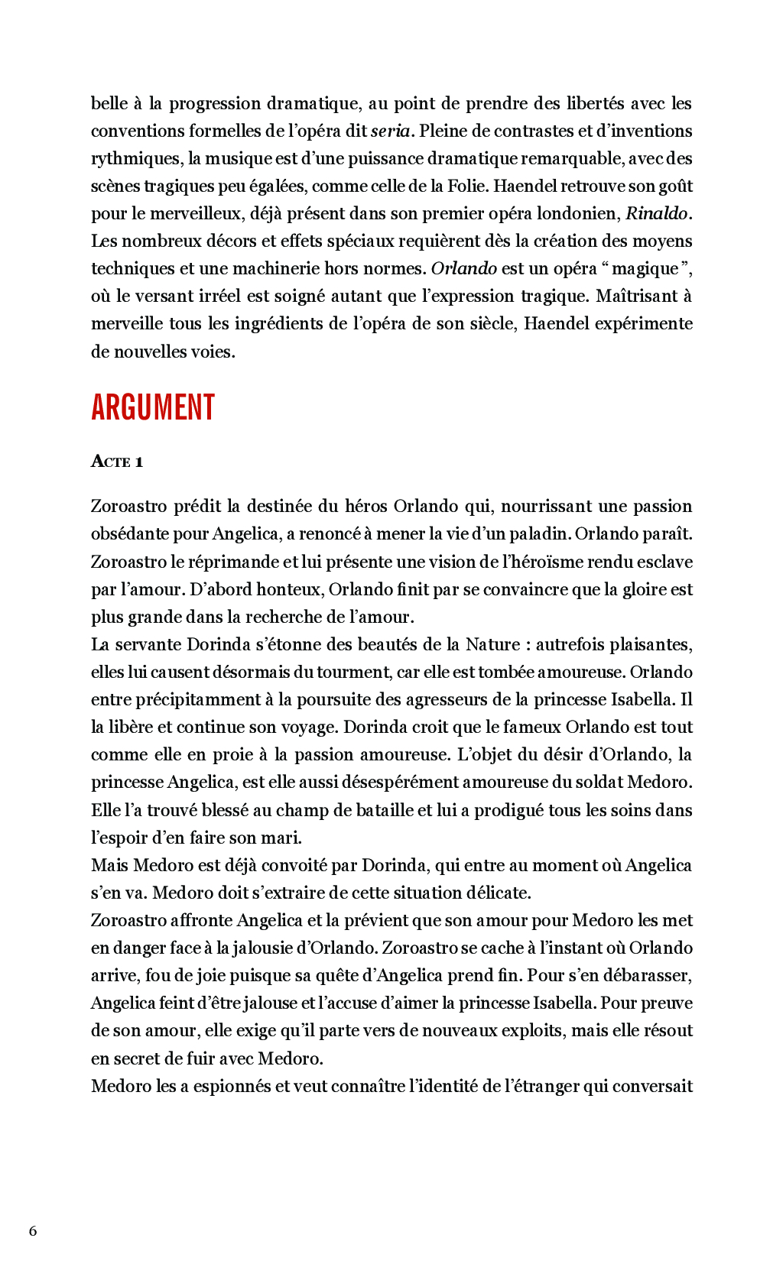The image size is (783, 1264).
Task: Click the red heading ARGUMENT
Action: click(153, 407)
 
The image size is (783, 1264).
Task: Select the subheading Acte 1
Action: click(117, 462)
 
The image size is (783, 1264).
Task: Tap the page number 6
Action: click(33, 1230)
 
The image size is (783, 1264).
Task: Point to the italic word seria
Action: click(391, 131)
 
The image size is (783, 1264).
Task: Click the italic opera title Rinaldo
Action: click(656, 213)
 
